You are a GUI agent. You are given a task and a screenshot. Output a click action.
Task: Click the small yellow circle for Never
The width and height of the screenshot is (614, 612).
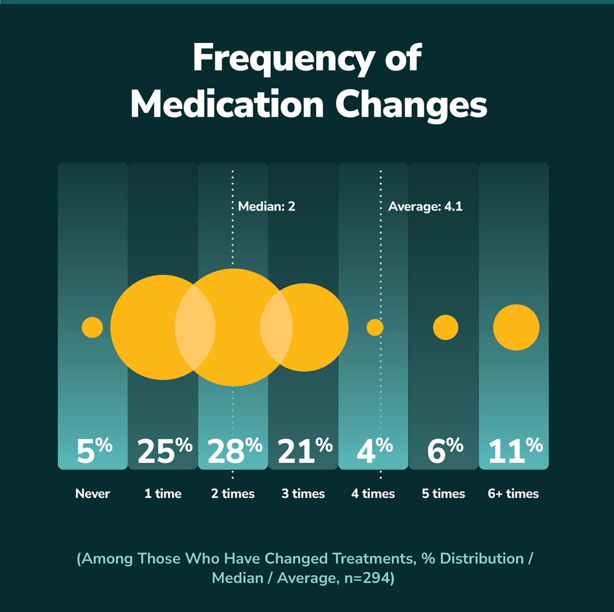coord(92,327)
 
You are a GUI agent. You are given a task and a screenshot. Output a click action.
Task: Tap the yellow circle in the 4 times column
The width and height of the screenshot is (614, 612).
coord(375,327)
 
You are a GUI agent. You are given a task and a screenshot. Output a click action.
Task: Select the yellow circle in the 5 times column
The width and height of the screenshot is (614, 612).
coord(445,327)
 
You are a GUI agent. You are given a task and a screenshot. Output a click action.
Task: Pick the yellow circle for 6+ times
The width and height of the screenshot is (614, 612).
coord(516,327)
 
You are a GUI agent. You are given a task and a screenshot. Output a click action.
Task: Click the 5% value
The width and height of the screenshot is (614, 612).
coord(93,451)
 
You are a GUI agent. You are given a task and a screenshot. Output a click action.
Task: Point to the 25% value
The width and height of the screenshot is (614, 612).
coord(163,451)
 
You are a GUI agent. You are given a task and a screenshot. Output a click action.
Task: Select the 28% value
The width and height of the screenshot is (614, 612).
coord(234,451)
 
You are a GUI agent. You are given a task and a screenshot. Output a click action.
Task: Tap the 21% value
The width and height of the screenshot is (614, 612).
coord(304,451)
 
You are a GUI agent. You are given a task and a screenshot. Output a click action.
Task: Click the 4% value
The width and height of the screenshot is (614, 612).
coord(374,451)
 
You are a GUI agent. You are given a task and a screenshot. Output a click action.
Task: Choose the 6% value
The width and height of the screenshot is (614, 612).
coord(445,451)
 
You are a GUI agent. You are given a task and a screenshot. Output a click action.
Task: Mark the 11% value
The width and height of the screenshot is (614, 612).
coord(515,451)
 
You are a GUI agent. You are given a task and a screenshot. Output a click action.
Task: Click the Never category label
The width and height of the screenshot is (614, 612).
coord(93,494)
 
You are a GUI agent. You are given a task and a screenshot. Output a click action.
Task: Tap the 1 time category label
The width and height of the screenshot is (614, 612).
coord(163,494)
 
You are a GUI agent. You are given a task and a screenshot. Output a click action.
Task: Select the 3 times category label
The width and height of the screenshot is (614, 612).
coord(303,494)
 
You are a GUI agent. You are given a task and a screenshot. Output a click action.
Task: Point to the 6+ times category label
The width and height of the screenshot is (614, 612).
coord(514,494)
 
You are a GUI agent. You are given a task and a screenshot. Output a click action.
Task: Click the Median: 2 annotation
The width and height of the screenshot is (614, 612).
coord(266,207)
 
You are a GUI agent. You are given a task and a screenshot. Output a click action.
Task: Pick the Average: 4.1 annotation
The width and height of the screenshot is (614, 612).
coord(425,207)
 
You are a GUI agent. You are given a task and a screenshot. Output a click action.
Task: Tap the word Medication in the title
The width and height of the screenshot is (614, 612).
coord(227,105)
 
